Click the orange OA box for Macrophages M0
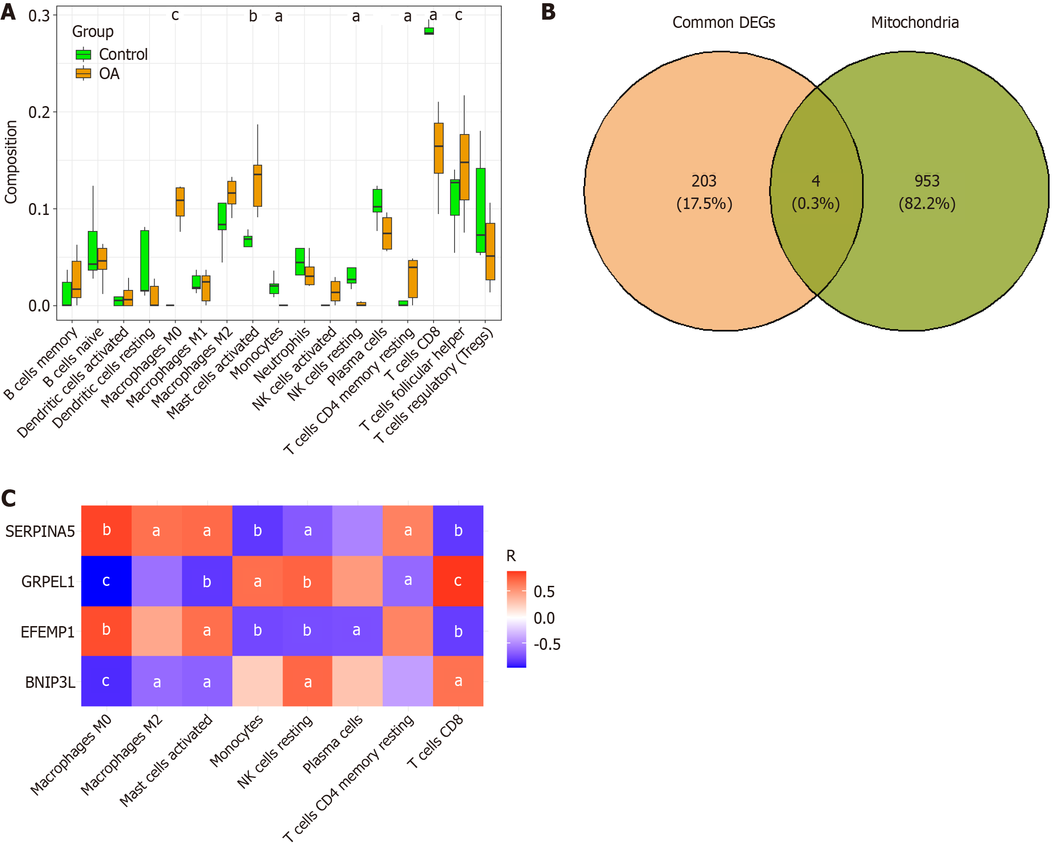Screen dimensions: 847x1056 click(x=180, y=201)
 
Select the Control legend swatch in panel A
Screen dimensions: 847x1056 click(x=83, y=54)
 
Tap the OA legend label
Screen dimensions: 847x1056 click(x=109, y=74)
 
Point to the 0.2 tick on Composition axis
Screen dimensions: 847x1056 click(x=39, y=112)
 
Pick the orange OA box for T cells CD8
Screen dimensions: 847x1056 click(x=439, y=148)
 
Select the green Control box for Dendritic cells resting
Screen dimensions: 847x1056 click(x=145, y=261)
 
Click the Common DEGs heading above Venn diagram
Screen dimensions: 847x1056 click(x=724, y=22)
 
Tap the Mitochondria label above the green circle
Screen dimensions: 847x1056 click(x=914, y=22)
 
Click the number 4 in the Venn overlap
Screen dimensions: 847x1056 click(x=815, y=181)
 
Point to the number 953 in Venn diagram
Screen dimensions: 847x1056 click(x=927, y=181)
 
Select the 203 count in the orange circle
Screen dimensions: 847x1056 click(x=704, y=181)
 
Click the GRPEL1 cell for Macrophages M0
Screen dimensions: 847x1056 click(x=106, y=581)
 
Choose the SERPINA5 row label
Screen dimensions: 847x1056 click(x=40, y=531)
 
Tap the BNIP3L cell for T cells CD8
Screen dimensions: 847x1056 click(x=458, y=681)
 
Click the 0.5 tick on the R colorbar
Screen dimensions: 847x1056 click(x=544, y=592)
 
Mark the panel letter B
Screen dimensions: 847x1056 click(x=548, y=12)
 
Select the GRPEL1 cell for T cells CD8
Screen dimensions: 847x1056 click(x=458, y=581)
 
